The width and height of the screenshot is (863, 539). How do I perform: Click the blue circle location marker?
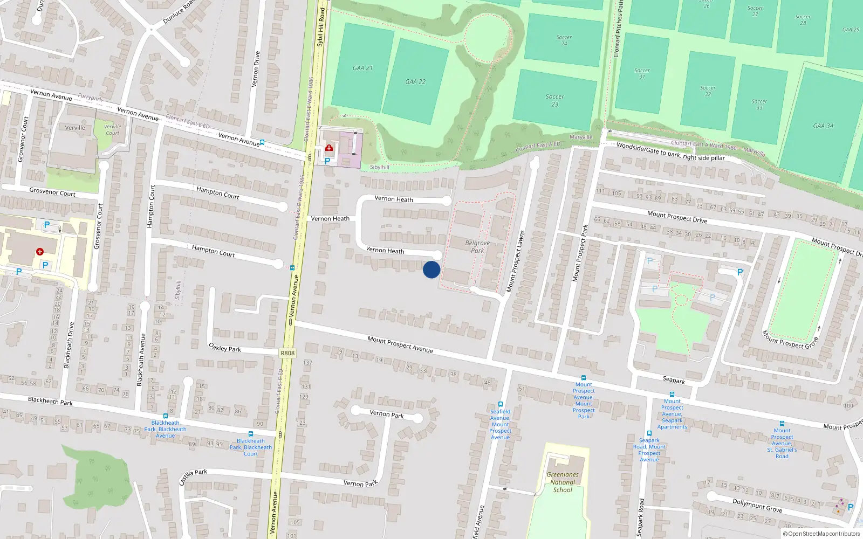(432, 269)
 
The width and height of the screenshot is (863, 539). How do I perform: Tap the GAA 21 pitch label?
(362, 68)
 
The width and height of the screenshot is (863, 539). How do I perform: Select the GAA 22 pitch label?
(415, 82)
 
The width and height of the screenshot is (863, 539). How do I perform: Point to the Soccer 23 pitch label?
(554, 100)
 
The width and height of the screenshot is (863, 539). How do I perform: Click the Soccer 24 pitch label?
(564, 40)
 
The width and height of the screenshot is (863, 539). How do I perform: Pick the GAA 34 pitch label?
(823, 126)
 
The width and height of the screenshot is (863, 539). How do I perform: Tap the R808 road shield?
(287, 353)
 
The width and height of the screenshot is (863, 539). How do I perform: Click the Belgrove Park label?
(477, 246)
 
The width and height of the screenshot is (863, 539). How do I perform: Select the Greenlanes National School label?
(563, 482)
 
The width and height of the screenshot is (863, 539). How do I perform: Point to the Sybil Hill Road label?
(320, 27)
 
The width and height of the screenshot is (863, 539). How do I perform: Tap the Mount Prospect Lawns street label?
(515, 262)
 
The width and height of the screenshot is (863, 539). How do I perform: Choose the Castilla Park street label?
(193, 476)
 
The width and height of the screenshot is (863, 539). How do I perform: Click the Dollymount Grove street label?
(757, 505)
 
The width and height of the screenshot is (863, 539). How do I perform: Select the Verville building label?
(75, 128)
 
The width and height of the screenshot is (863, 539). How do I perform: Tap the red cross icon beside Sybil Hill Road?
(329, 148)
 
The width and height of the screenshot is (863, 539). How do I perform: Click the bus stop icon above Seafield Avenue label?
(501, 404)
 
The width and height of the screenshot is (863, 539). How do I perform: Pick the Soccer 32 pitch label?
(708, 91)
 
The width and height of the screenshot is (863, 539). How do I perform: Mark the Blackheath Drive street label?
(69, 345)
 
